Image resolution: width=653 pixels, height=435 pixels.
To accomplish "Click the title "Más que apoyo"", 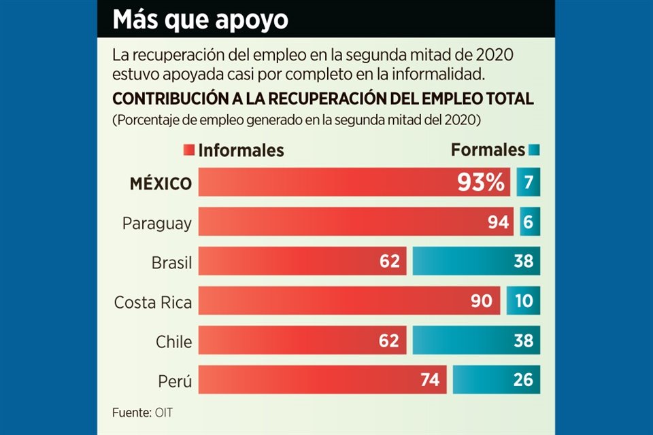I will pos(200,20).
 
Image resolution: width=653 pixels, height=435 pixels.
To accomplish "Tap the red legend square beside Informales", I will pos(189,150).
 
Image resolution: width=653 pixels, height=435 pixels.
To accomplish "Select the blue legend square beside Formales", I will pos(534,150).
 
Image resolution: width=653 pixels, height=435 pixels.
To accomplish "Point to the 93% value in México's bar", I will pos(480,183).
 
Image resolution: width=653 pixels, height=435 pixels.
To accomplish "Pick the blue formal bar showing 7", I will pos(528,183).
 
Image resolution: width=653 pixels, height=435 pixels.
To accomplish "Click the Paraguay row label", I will pos(157,223).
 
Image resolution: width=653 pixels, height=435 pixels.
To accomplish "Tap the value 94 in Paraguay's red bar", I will pos(495,222).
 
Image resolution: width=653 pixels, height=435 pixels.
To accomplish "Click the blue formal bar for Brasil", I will pos(476,262).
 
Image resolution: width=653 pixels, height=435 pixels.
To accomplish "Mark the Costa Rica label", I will pos(153,301).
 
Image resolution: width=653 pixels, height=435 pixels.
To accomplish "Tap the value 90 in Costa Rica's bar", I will pos(482,301).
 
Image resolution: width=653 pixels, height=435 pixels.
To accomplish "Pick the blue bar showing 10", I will pos(523,301).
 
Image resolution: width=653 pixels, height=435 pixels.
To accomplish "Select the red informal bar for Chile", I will pos(302,341).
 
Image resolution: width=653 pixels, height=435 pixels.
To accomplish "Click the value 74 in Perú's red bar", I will pos(430,380).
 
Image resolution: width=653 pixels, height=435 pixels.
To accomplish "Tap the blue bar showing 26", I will pos(497,380).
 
